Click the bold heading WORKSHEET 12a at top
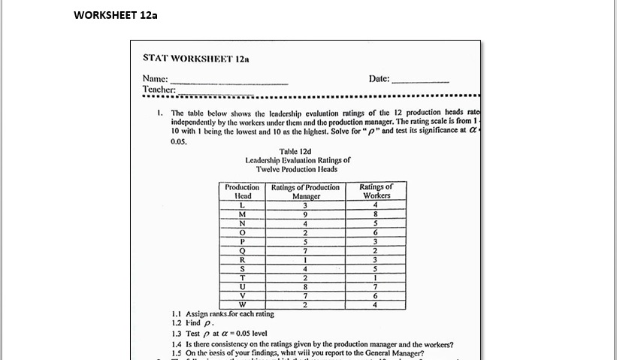point(116,15)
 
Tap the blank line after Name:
point(229,79)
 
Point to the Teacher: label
point(159,89)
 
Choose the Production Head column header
point(242,191)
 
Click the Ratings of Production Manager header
point(305,191)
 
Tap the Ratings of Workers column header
point(376,191)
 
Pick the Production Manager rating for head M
point(305,213)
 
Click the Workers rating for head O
point(376,232)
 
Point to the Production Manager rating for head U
point(305,286)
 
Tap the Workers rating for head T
point(376,277)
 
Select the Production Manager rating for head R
point(305,259)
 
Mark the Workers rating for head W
point(376,304)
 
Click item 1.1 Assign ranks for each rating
point(222,314)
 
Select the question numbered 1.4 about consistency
point(312,344)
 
